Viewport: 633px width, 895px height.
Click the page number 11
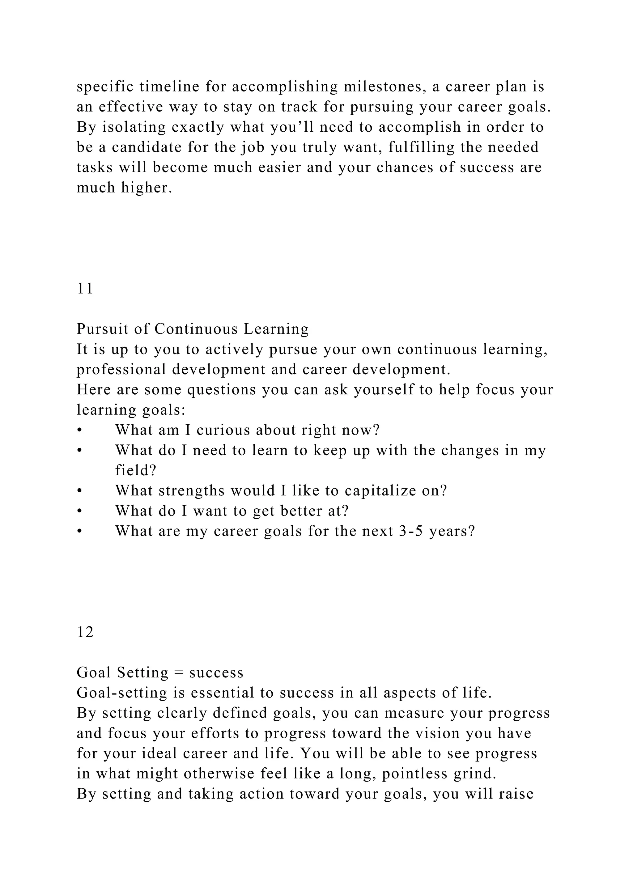point(85,289)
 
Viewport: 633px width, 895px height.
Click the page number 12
point(85,632)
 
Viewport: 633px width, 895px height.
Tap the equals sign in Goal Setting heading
point(179,673)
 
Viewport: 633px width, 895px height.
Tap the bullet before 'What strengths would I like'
point(79,491)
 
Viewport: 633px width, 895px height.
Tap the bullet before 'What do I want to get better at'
point(79,511)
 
